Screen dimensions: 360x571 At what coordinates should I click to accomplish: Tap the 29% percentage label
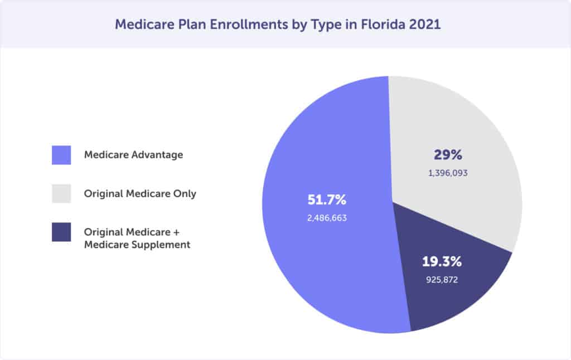click(x=448, y=155)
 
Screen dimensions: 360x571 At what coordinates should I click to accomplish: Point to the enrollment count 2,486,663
click(x=327, y=218)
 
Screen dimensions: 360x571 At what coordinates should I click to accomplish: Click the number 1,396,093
click(x=448, y=173)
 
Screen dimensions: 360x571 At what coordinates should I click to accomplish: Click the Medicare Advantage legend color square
click(x=61, y=155)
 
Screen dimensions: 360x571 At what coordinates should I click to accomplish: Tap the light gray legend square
click(x=61, y=193)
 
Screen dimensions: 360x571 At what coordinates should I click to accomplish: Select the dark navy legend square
click(x=61, y=232)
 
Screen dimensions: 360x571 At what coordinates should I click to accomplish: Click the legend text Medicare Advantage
click(x=133, y=155)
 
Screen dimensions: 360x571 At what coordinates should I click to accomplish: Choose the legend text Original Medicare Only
click(x=140, y=194)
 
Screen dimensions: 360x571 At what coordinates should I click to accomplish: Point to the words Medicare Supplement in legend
click(x=137, y=244)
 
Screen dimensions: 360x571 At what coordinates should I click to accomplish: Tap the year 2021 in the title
click(x=425, y=25)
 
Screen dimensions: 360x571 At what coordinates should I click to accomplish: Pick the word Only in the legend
click(x=185, y=194)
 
